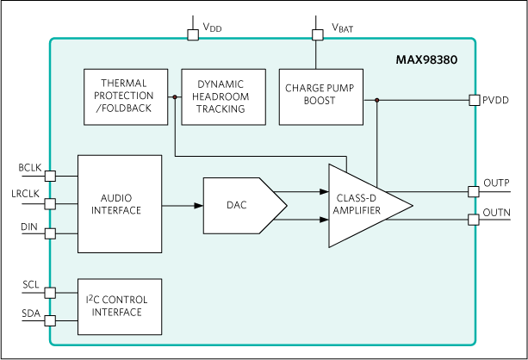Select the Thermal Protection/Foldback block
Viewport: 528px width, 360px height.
pyautogui.click(x=126, y=96)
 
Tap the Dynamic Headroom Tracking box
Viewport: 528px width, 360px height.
pyautogui.click(x=221, y=96)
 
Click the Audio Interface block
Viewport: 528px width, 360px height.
pyautogui.click(x=120, y=204)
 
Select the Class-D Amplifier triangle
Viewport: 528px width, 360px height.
pyautogui.click(x=362, y=205)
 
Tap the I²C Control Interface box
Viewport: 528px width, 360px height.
pyautogui.click(x=120, y=306)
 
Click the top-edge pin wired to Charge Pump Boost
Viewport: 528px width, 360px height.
pyautogui.click(x=317, y=35)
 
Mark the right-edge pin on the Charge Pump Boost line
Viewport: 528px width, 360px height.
pyautogui.click(x=474, y=100)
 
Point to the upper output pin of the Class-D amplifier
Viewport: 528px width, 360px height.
pyautogui.click(x=474, y=191)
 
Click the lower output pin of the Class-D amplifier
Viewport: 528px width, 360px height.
pyautogui.click(x=474, y=220)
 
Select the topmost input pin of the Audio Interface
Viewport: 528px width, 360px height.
pyautogui.click(x=50, y=176)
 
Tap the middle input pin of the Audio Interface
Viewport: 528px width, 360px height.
pyautogui.click(x=50, y=204)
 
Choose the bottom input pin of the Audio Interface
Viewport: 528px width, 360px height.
pyautogui.click(x=50, y=233)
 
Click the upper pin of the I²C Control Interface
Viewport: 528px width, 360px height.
pyautogui.click(x=50, y=292)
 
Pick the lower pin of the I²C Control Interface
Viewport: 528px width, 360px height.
pyautogui.click(x=50, y=320)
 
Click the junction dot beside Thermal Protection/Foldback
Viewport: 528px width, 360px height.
pyautogui.click(x=175, y=97)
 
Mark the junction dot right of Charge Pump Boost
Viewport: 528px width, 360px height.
pyautogui.click(x=377, y=100)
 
